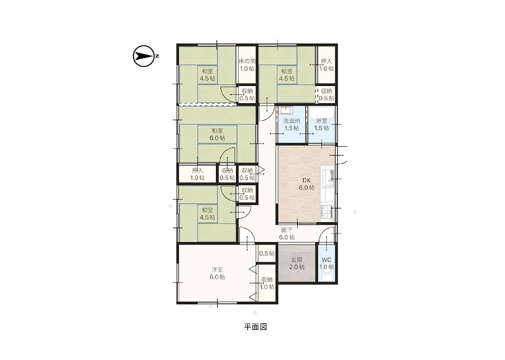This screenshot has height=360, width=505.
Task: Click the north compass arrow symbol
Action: (x=143, y=56)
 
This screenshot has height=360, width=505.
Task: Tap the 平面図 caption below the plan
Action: (x=255, y=327)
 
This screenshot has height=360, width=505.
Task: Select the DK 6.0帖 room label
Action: (x=306, y=184)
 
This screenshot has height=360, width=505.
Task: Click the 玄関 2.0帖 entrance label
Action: (x=297, y=263)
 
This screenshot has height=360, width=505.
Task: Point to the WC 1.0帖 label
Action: (x=327, y=263)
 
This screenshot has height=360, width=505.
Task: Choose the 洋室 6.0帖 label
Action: (x=217, y=273)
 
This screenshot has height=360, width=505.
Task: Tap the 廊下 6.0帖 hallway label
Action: (x=287, y=233)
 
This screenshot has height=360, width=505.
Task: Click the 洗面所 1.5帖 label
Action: (x=291, y=124)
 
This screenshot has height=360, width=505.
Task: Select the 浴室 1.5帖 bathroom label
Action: (x=322, y=124)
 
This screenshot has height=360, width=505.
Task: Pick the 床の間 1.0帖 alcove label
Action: (x=247, y=65)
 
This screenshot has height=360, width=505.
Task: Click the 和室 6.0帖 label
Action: (x=217, y=134)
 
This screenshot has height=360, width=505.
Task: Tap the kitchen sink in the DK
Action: (x=328, y=178)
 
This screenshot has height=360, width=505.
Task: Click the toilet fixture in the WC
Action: (x=327, y=276)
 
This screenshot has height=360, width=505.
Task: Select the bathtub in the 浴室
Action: (x=322, y=113)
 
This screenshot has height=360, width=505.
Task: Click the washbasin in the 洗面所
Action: (x=286, y=110)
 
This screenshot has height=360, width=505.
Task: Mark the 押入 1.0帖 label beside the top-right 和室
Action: (x=327, y=65)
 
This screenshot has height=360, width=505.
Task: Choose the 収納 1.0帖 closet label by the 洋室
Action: (x=267, y=283)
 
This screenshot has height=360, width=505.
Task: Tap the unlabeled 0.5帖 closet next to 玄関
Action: (x=267, y=254)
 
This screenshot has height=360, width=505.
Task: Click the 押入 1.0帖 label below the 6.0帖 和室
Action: (x=197, y=174)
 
